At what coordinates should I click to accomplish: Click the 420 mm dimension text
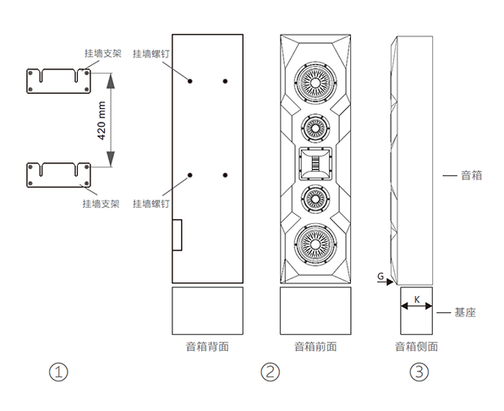point(101,120)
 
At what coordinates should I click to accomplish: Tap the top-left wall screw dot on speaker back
point(190,81)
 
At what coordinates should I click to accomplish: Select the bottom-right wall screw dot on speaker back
point(225,175)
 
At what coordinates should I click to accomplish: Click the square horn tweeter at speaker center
point(315,163)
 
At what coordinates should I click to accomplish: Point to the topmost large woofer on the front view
point(315,83)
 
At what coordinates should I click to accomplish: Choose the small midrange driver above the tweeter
point(315,129)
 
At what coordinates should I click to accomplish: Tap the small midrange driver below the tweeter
point(315,200)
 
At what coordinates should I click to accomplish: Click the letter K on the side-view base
point(417,300)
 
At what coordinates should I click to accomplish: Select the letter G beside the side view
point(381,276)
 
